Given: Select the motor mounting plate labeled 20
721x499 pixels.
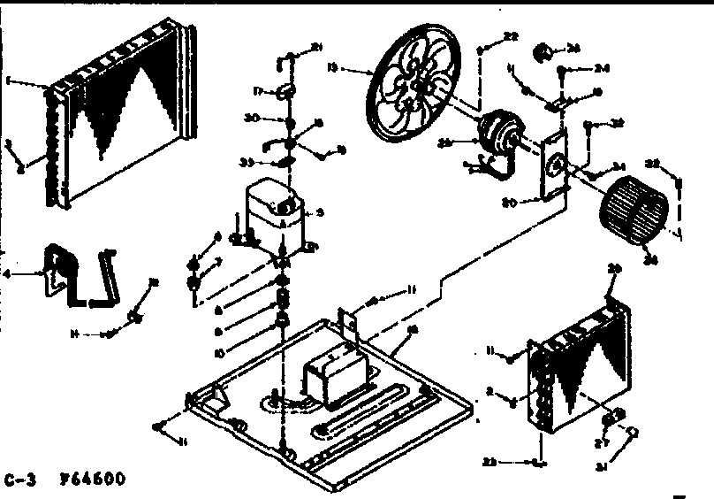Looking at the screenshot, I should point(555,164).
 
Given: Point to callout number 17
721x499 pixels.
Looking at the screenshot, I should point(260,90).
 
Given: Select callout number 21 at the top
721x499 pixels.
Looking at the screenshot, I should point(318,46).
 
